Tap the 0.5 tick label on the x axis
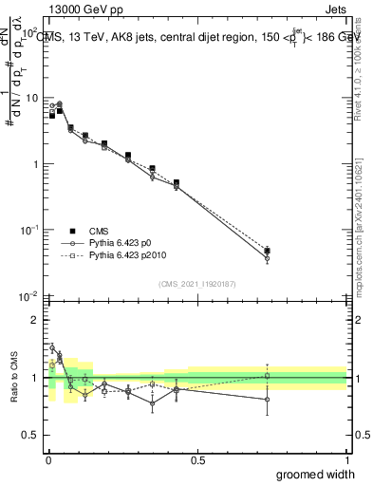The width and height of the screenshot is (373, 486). tap(197, 460)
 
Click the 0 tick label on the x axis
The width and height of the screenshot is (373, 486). tap(49, 460)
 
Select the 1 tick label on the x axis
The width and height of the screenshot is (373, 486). tap(346, 460)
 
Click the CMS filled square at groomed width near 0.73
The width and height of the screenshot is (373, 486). tap(267, 251)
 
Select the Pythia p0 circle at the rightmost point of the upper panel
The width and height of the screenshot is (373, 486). tap(267, 258)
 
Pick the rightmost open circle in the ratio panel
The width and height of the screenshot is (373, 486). tap(267, 399)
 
